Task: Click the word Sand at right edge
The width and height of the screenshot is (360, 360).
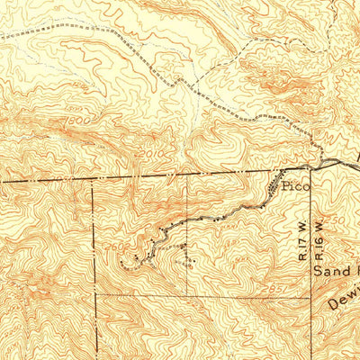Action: pos(330,267)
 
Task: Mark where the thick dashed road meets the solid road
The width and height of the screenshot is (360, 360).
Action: pos(312,166)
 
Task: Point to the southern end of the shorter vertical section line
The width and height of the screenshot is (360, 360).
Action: pos(187,294)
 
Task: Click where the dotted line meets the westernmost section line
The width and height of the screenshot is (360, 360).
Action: pos(94,294)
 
